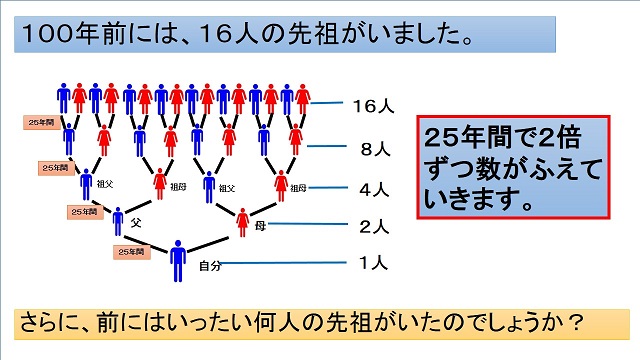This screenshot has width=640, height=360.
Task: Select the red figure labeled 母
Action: click(x=244, y=222)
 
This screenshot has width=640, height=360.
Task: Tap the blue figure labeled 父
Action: click(x=118, y=221)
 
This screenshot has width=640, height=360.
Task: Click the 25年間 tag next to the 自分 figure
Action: click(x=130, y=252)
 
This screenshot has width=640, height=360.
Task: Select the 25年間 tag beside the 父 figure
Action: click(x=84, y=212)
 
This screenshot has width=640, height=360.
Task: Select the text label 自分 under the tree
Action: click(x=208, y=266)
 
